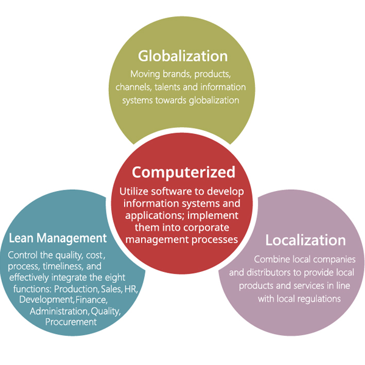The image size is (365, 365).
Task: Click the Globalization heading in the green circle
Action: pos(182,57)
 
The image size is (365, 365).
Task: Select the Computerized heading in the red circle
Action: pos(182,172)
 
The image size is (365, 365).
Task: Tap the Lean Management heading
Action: pos(58,237)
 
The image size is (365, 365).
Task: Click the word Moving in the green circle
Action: pos(145,75)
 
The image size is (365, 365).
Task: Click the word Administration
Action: pos(58,311)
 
